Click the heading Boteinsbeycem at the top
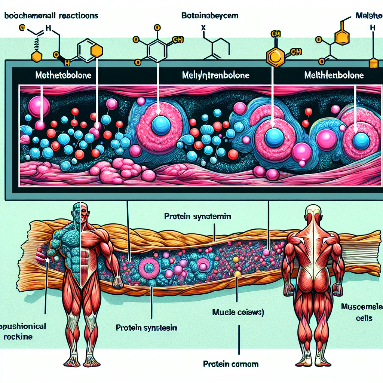click(x=210, y=16)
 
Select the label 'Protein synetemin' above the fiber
click(x=198, y=217)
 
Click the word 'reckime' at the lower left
click(x=20, y=337)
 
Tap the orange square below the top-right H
click(x=374, y=64)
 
